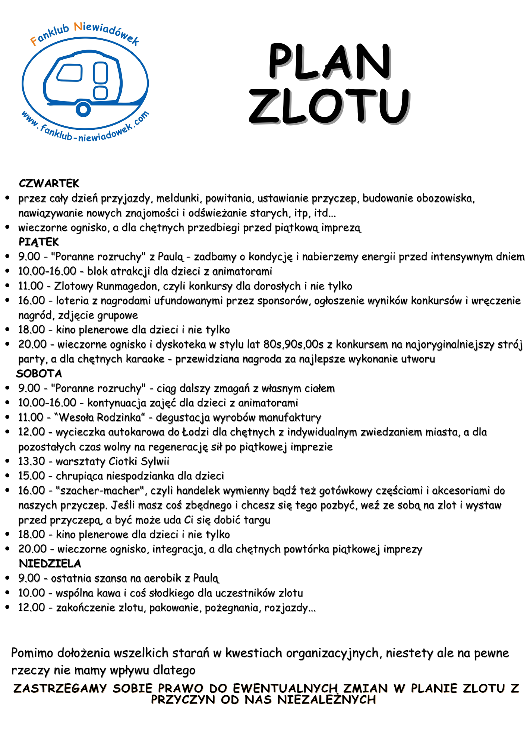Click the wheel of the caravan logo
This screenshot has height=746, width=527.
pos(83,109)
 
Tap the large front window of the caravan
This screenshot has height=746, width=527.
pos(69,72)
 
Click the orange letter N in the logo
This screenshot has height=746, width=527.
pos(78,27)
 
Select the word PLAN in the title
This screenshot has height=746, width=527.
pos(329,61)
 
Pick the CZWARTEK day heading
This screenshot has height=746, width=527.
pos(49,184)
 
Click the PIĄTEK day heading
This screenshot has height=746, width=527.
pos(39,242)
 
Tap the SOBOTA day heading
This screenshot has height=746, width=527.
pos(39,373)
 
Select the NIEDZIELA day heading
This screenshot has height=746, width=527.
pos(50,563)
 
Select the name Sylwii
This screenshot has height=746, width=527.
pos(155,461)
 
